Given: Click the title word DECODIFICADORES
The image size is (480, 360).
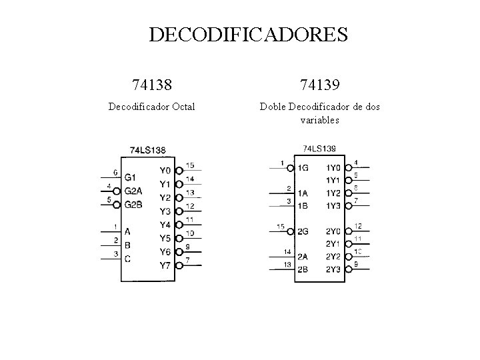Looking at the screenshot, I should [x=248, y=34].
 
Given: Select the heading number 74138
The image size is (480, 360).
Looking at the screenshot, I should [x=152, y=85].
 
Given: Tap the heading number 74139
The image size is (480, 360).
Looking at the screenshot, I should [x=319, y=85].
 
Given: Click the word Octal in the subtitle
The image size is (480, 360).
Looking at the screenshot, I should [x=183, y=106].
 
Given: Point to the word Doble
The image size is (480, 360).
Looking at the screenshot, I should [x=273, y=106].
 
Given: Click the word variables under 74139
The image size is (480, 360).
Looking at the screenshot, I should [x=319, y=120].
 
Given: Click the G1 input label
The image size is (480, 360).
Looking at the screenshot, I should [x=131, y=177].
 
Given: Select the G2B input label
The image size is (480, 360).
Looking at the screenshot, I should [x=133, y=204].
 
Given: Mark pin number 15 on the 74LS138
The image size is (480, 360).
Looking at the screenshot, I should [x=191, y=165].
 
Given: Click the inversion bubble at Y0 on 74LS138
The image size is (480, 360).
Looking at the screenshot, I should [x=179, y=171].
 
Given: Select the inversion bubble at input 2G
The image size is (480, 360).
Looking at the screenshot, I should [x=291, y=231].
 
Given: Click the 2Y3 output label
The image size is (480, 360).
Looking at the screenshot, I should [x=333, y=269].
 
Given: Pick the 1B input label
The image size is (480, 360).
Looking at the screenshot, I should [x=304, y=205].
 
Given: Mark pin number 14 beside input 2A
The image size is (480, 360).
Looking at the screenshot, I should [x=287, y=251].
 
